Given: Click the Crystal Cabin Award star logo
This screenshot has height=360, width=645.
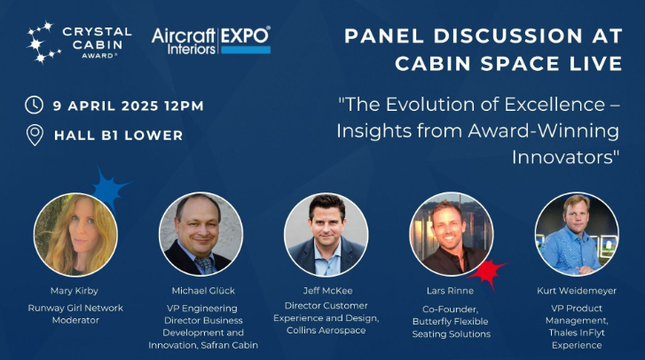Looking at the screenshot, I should pos(42,43).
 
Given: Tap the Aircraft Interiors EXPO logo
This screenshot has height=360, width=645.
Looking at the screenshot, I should pos(210,39).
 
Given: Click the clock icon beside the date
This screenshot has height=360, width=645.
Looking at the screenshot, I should pos(35,105).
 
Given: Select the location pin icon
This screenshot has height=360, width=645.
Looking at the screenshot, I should pos(35,135).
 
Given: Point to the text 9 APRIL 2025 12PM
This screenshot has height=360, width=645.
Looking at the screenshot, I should pos(128,106).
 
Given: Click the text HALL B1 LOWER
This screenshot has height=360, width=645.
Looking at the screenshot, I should pos(118,136).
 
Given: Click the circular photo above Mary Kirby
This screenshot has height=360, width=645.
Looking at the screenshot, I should pos(75,234).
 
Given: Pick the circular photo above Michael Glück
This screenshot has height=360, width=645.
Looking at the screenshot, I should pos(201,234).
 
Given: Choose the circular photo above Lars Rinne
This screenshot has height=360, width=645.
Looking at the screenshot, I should pos(451,234).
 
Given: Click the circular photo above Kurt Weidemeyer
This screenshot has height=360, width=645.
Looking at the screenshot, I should pos(577,234).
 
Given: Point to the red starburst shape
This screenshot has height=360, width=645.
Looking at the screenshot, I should pos(487,272).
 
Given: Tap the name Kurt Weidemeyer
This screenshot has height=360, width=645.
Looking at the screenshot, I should pos(577,290).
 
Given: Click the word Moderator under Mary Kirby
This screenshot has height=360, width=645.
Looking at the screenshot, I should pos(75,320).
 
